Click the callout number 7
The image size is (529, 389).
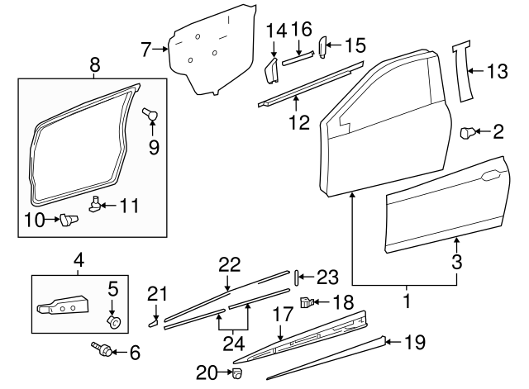click(x=146, y=50)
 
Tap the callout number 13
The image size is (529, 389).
click(x=497, y=72)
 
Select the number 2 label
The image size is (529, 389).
click(x=498, y=130)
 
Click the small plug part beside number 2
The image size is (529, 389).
click(x=469, y=130)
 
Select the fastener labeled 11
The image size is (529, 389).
click(x=97, y=203)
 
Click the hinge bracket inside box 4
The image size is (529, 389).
click(x=63, y=306)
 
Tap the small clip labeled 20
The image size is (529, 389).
click(x=236, y=374)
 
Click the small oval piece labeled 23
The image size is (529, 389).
click(x=294, y=275)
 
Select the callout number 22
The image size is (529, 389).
click(x=229, y=264)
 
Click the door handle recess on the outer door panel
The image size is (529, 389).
click(x=492, y=175)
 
